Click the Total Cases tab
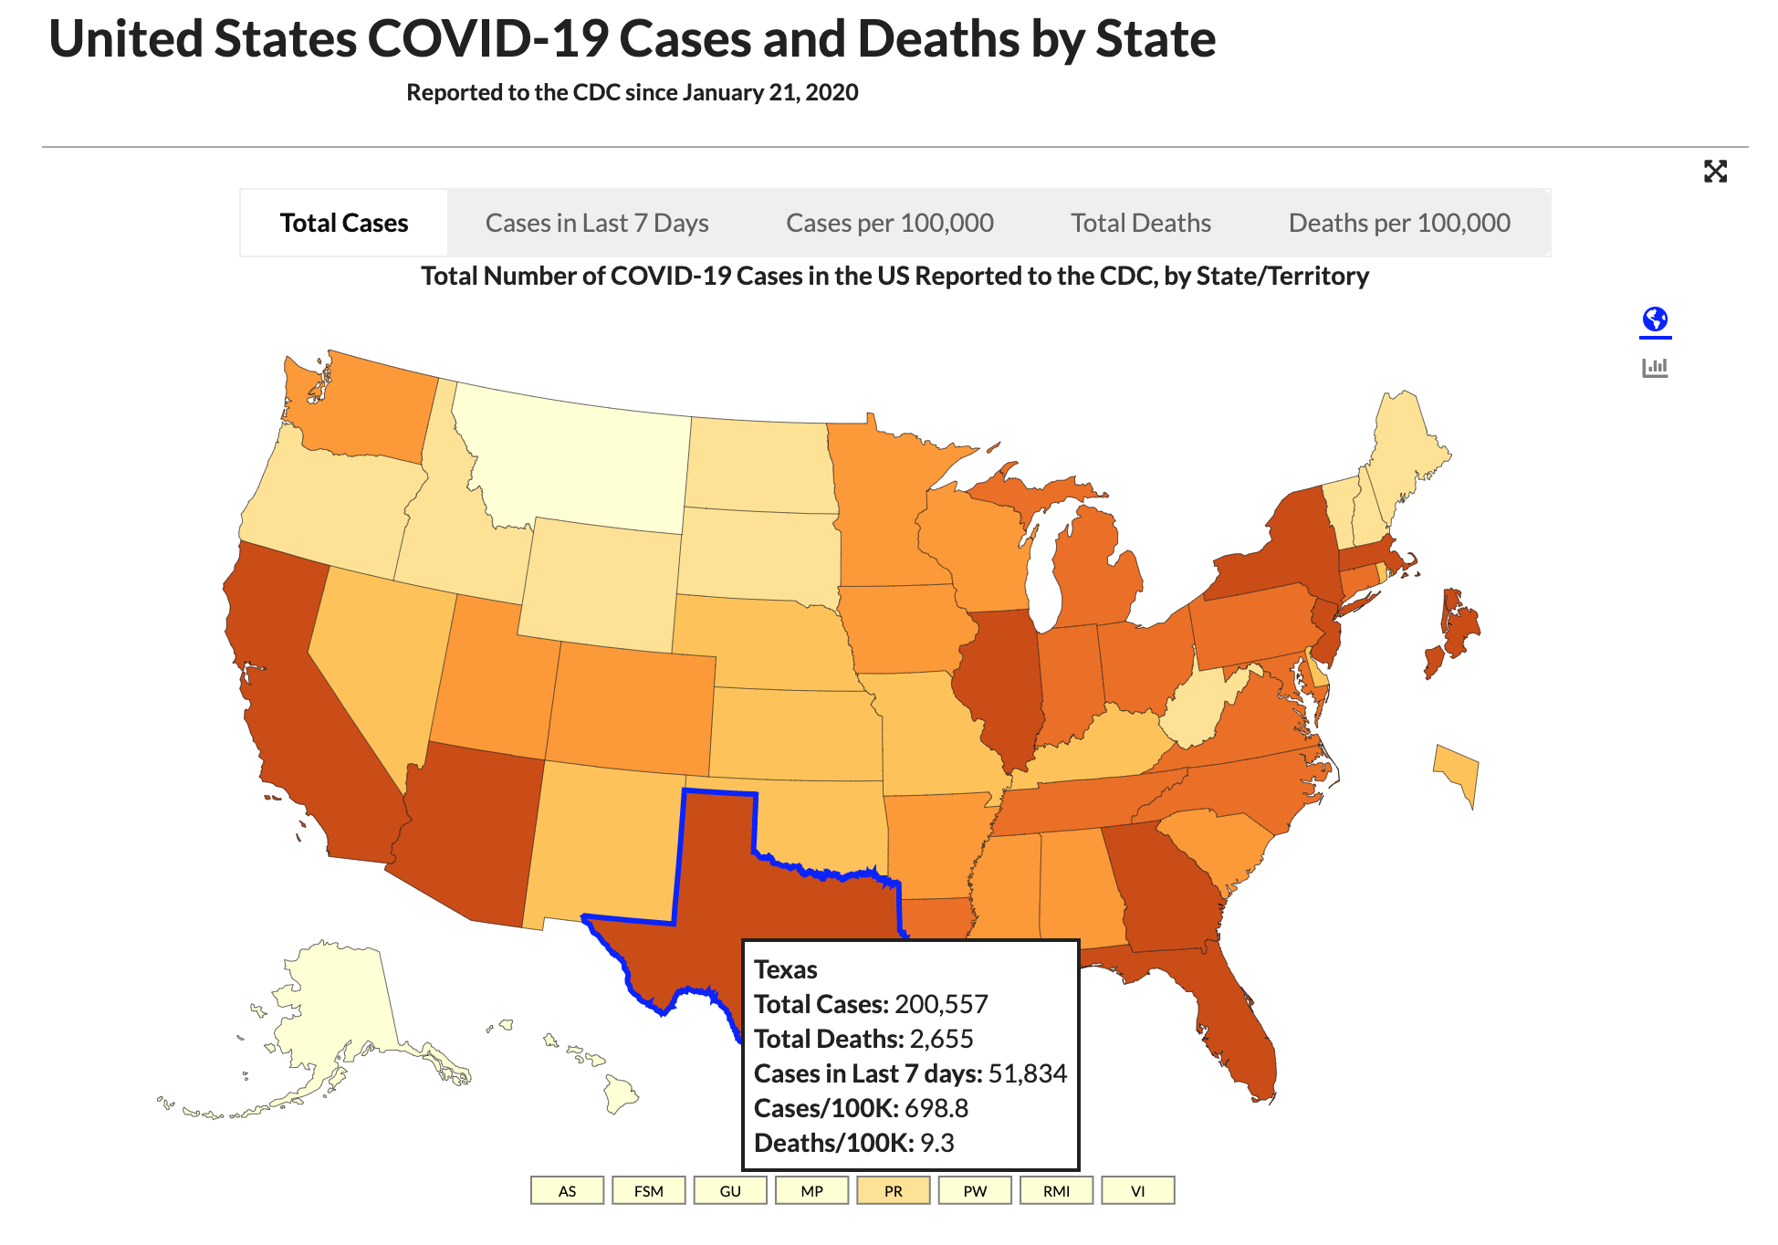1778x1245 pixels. pyautogui.click(x=343, y=223)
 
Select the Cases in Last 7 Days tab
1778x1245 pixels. pyautogui.click(x=597, y=223)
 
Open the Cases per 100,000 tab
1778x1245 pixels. pyautogui.click(x=889, y=223)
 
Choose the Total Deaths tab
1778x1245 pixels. pyautogui.click(x=1140, y=223)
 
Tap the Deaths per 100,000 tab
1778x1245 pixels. pyautogui.click(x=1398, y=223)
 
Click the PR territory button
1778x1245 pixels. pyautogui.click(x=893, y=1191)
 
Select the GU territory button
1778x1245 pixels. pyautogui.click(x=730, y=1191)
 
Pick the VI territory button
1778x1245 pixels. pyautogui.click(x=1137, y=1191)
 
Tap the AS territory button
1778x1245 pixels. pyautogui.click(x=567, y=1191)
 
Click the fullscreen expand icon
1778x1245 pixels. pyautogui.click(x=1715, y=172)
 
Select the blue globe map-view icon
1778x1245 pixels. pyautogui.click(x=1655, y=319)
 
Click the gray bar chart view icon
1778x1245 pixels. pyautogui.click(x=1655, y=368)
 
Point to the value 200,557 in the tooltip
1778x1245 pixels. pyautogui.click(x=941, y=1004)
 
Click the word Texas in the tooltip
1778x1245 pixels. pyautogui.click(x=785, y=969)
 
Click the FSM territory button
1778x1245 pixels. pyautogui.click(x=649, y=1191)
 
